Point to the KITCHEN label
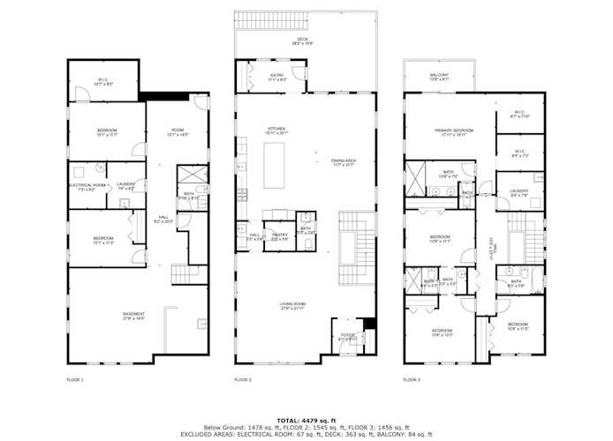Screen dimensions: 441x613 tap(276, 131)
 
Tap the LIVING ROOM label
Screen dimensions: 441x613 tap(292, 306)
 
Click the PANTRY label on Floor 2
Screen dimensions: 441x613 tap(280, 234)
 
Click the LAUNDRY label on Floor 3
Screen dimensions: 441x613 tap(518, 192)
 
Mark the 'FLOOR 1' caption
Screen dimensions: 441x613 tap(75, 379)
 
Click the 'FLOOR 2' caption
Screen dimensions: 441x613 tap(243, 379)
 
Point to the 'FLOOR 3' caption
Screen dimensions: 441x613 tap(412, 379)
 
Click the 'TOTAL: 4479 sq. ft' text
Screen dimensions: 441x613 tap(306, 418)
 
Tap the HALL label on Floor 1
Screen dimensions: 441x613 tap(163, 218)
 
